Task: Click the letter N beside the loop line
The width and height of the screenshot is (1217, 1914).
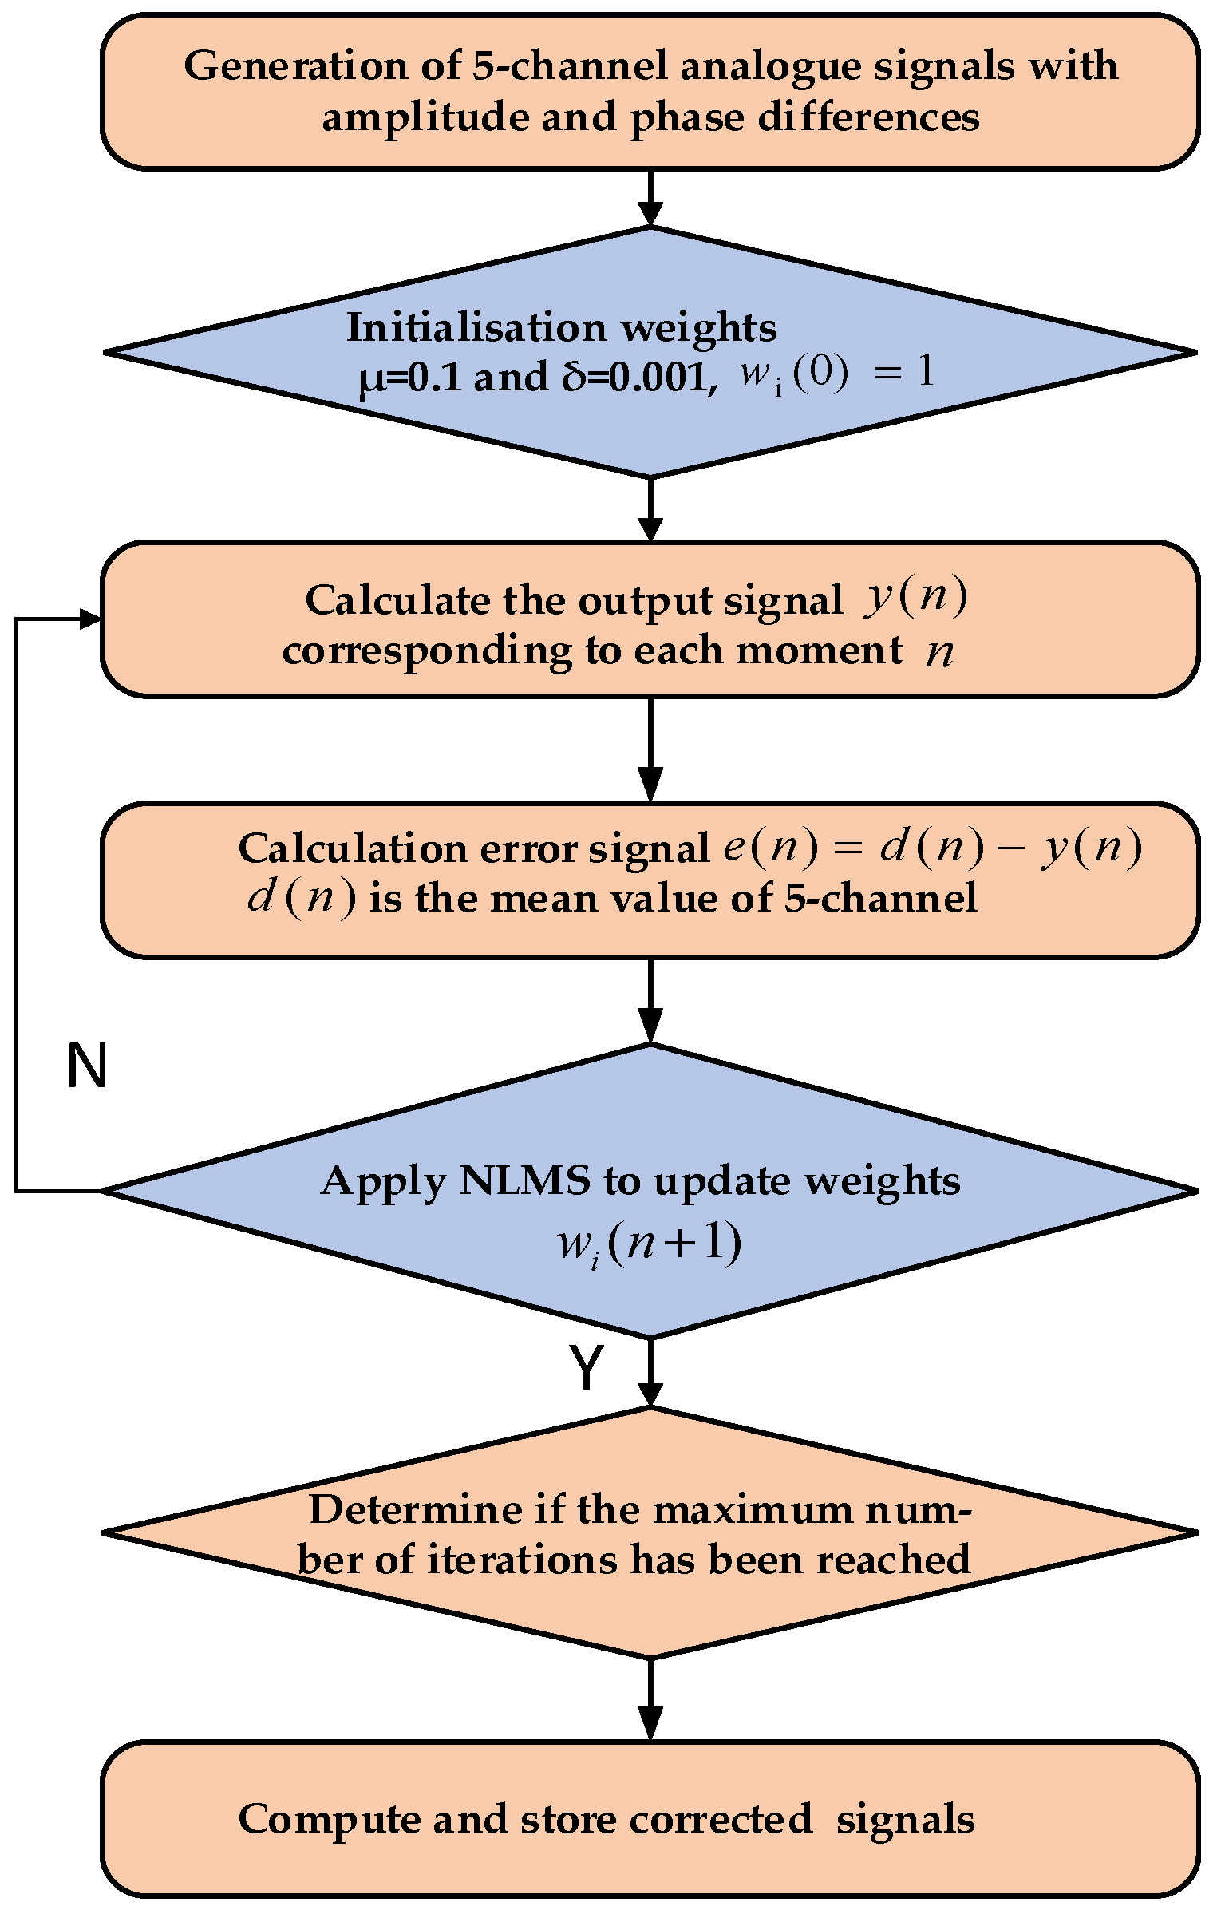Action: pos(86,1066)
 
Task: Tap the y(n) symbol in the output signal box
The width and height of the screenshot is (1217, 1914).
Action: pos(915,599)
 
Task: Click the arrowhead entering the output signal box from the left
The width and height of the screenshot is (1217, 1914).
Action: pos(90,619)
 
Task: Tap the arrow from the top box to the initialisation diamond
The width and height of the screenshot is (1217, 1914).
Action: pos(650,200)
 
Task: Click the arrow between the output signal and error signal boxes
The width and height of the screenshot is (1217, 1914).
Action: pos(650,750)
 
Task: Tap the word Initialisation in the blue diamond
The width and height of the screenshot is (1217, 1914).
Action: pos(476,327)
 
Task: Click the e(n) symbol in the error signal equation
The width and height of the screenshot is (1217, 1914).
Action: pos(770,848)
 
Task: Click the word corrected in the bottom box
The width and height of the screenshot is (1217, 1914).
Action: pos(721,1813)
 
